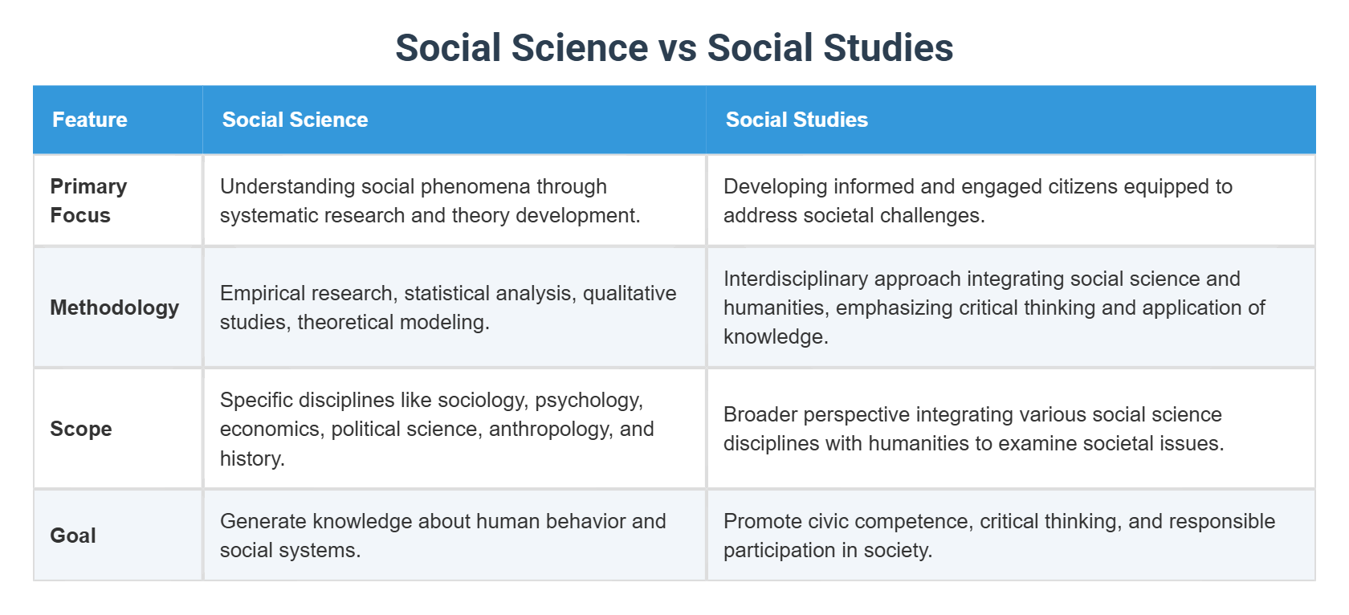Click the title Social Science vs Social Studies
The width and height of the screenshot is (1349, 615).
pyautogui.click(x=674, y=48)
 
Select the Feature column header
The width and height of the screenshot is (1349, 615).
pyautogui.click(x=90, y=120)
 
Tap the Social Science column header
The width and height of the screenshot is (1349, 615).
pyautogui.click(x=295, y=120)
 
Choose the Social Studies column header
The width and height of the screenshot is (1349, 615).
pyautogui.click(x=797, y=120)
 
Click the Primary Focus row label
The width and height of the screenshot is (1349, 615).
pyautogui.click(x=88, y=201)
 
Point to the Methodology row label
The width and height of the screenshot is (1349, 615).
pyautogui.click(x=114, y=307)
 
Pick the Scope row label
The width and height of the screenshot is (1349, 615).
pyautogui.click(x=81, y=429)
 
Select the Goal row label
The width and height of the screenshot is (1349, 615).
pyautogui.click(x=73, y=536)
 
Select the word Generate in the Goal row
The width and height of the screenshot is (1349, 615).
pyautogui.click(x=263, y=521)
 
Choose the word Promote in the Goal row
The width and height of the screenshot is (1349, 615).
pyautogui.click(x=762, y=521)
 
